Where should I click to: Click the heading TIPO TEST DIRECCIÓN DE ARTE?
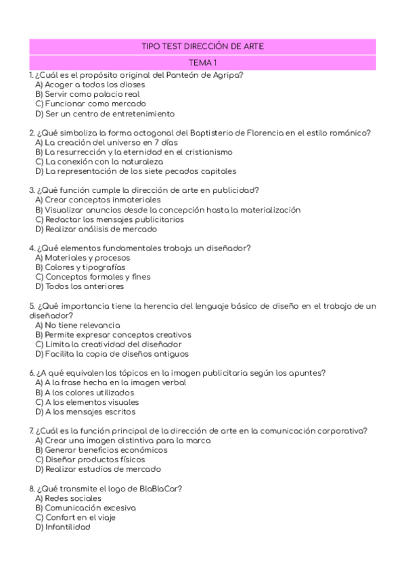[202, 46]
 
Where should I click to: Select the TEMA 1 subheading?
[202, 62]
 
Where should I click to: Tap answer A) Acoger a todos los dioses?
[89, 85]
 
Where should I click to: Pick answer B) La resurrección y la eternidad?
[133, 152]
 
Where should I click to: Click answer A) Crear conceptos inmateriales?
[97, 200]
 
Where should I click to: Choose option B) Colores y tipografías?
[80, 267]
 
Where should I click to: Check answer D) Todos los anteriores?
[79, 286]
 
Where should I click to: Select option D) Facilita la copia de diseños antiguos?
[112, 353]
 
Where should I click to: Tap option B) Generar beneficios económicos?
[101, 449]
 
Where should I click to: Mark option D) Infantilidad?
[62, 527]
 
